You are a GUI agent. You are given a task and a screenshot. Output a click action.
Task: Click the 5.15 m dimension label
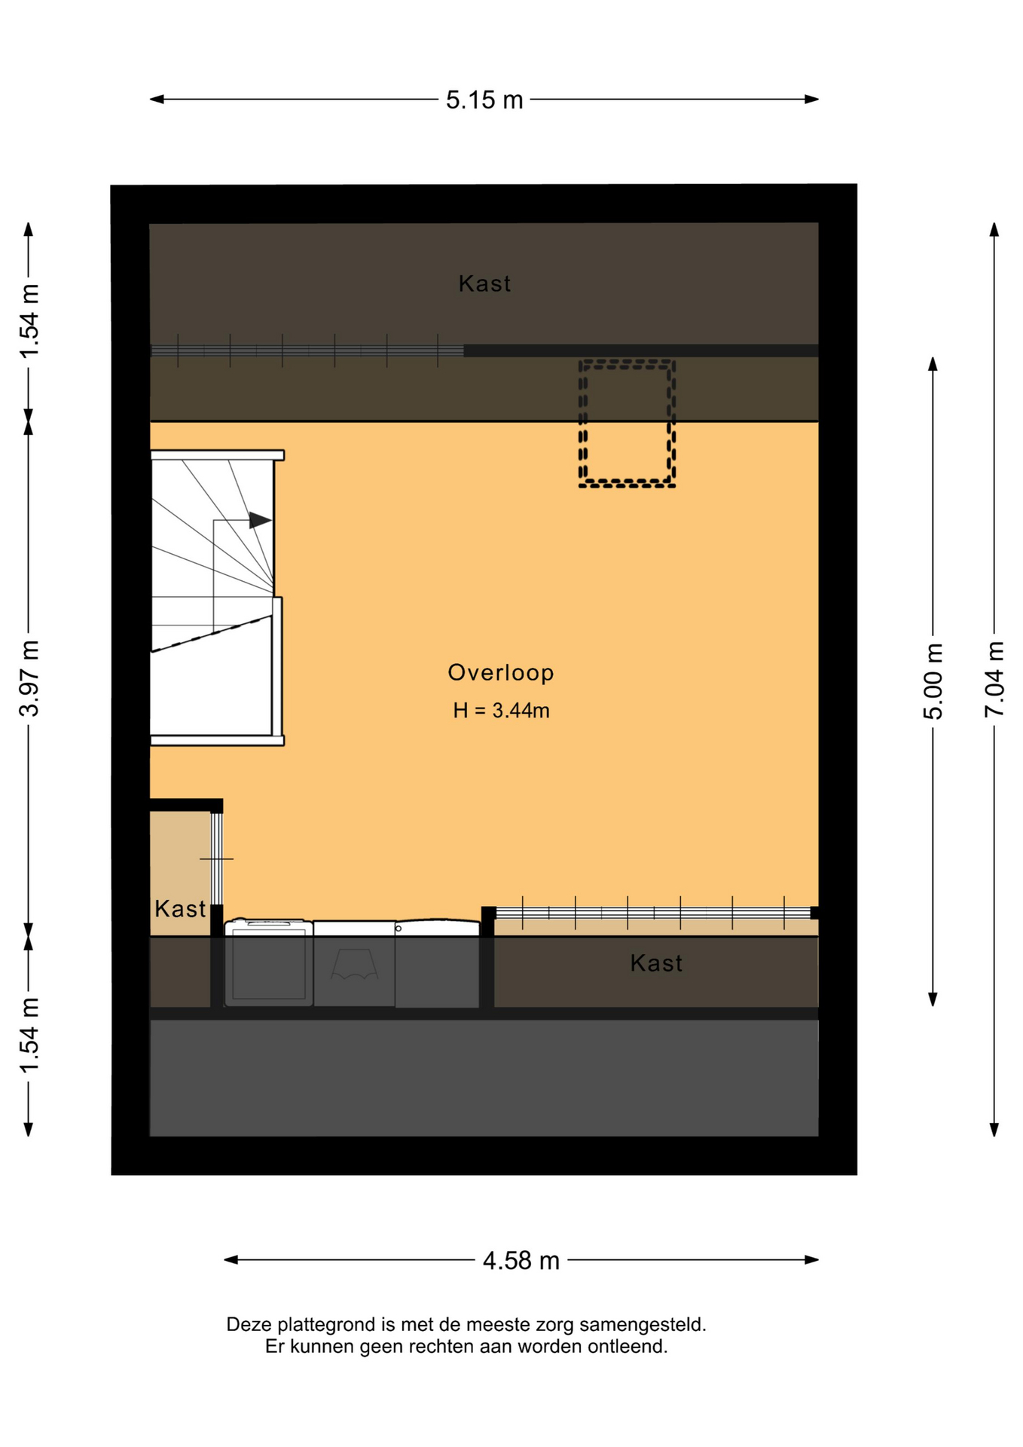[484, 99]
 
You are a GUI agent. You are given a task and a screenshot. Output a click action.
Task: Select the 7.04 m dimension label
[994, 679]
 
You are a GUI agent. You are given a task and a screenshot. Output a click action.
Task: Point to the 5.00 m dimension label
[933, 681]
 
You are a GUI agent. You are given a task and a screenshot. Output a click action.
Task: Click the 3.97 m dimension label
[29, 678]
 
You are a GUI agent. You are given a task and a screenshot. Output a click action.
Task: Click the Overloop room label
[501, 672]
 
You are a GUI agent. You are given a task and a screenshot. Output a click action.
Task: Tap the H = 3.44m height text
[501, 710]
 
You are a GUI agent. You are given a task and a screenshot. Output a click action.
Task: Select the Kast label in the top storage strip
[484, 283]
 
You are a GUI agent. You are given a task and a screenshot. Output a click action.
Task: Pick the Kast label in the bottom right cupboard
[656, 963]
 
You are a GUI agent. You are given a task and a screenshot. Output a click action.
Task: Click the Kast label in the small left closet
[180, 909]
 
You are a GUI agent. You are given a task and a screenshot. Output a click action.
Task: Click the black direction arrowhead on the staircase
[260, 520]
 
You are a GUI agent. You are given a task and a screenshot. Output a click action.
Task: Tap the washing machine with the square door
[269, 962]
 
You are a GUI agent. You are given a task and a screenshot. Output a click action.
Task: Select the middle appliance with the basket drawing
[354, 964]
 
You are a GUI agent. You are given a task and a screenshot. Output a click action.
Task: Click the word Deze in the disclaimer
[249, 1324]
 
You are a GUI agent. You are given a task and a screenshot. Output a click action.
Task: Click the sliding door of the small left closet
[216, 858]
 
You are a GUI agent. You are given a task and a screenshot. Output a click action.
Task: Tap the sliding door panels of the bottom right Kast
[653, 913]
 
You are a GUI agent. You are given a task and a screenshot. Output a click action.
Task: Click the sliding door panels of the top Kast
[307, 350]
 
